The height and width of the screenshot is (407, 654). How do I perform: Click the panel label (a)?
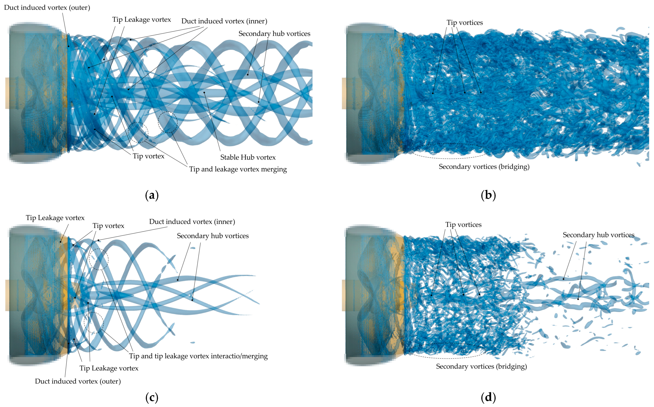152,195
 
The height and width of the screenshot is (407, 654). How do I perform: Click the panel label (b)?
488,195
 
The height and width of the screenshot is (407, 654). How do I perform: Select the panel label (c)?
152,397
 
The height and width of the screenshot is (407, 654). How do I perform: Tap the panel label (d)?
488,397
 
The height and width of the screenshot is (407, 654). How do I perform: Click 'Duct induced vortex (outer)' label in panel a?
47,7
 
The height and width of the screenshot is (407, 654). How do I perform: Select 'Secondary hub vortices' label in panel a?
274,34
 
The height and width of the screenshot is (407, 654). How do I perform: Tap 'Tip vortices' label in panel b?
465,23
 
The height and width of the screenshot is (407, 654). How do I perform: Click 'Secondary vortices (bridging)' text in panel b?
484,167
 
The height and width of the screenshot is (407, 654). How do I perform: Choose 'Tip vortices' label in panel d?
463,225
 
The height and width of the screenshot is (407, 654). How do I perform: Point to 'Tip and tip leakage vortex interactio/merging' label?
198,356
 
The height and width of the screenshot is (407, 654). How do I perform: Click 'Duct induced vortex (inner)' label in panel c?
192,222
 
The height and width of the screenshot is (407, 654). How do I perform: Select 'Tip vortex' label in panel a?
148,156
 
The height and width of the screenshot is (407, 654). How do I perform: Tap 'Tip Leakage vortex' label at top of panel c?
55,218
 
